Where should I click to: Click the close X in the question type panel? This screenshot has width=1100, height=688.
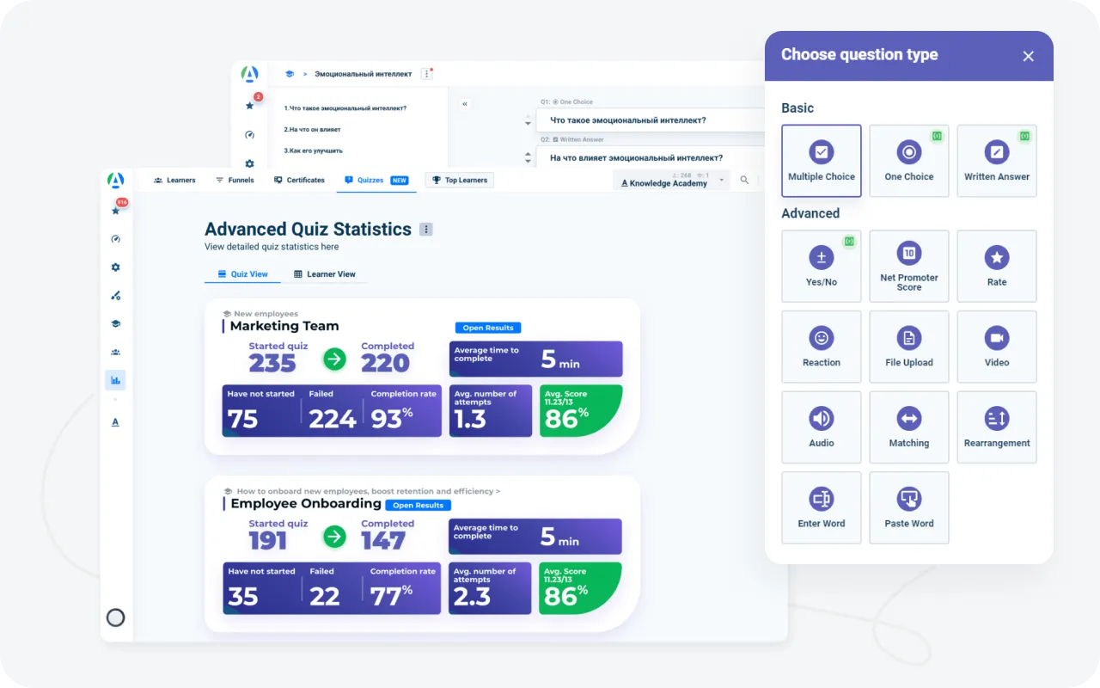[1028, 57]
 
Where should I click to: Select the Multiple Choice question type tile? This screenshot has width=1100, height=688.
[822, 161]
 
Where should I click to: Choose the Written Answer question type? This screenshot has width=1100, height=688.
[997, 161]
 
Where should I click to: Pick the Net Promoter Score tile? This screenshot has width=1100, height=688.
[909, 266]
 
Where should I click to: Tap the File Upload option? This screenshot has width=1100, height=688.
[909, 347]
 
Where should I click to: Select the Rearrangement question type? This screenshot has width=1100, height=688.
[997, 427]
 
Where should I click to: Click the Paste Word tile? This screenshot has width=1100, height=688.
[909, 507]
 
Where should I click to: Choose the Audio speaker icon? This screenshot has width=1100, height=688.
[822, 419]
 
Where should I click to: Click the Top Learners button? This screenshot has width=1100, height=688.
[460, 181]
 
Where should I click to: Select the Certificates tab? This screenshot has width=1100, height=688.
[299, 181]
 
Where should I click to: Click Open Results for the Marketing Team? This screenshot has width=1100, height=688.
[488, 328]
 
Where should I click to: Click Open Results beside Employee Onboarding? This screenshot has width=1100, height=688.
[419, 506]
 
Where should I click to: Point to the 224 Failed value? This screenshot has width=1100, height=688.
[333, 419]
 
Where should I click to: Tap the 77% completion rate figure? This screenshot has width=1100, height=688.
[391, 595]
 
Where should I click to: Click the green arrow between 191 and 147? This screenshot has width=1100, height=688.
[334, 537]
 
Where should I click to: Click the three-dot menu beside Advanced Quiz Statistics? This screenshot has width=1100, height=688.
[426, 230]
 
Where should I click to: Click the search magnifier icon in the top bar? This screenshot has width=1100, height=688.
[744, 181]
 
